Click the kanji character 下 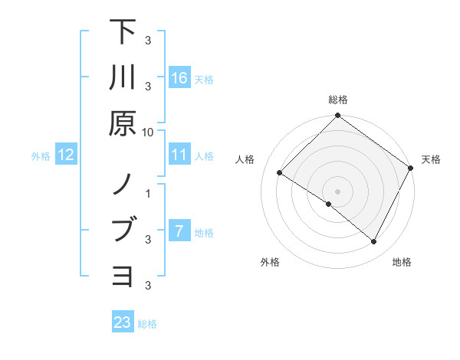[123, 33]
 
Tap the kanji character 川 [123, 77]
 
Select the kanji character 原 [123, 123]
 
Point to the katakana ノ [123, 185]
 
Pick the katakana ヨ [123, 275]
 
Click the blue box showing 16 [179, 78]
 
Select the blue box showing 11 [179, 155]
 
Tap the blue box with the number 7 [179, 231]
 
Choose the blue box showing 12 [66, 155]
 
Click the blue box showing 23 [123, 322]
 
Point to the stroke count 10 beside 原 [148, 131]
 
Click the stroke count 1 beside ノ [148, 193]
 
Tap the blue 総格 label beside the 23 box [147, 324]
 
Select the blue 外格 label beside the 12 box [41, 156]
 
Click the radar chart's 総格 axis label [338, 100]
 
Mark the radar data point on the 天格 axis [411, 169]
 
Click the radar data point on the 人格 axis [279, 173]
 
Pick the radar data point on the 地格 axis [374, 242]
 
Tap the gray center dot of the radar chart [338, 191]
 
